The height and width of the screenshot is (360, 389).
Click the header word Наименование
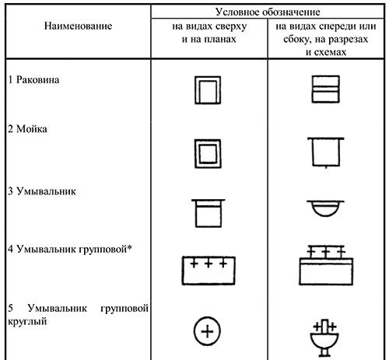(78, 26)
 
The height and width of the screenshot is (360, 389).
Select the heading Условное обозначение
(268, 12)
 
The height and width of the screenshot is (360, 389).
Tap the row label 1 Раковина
(33, 79)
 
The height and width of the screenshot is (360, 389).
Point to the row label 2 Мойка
(27, 129)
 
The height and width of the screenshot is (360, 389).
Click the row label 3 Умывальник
(42, 191)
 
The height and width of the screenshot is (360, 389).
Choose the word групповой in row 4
(103, 250)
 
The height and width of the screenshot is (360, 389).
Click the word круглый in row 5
(27, 321)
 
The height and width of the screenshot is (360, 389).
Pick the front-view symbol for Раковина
(325, 89)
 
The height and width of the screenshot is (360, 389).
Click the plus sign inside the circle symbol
(207, 331)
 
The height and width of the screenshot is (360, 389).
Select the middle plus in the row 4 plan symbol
(209, 264)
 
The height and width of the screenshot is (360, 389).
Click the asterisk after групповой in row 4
(129, 248)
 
